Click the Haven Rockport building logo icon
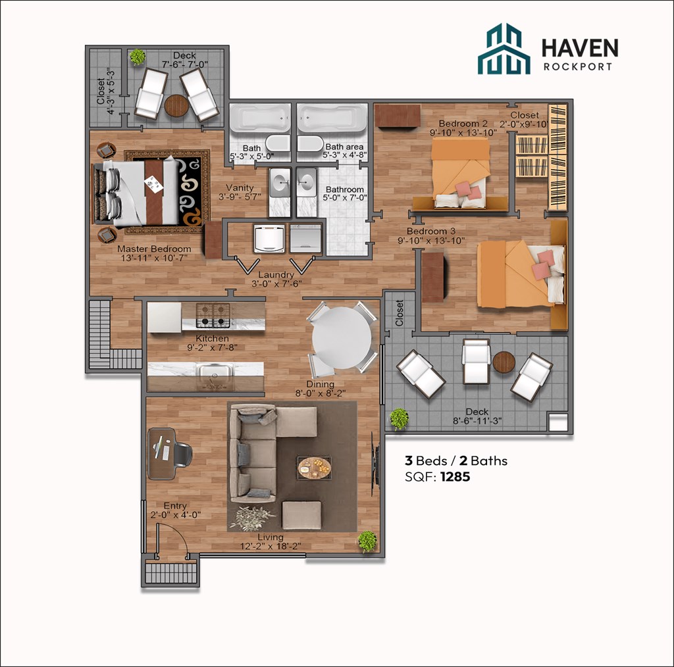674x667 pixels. (504, 49)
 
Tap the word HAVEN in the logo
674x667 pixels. (579, 48)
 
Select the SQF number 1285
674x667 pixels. (455, 477)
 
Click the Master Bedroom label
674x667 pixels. (154, 249)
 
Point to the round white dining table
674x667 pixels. (341, 338)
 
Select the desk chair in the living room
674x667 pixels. (182, 454)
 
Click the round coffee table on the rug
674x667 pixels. (314, 468)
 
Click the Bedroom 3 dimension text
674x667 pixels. (430, 241)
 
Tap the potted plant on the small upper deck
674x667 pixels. (137, 57)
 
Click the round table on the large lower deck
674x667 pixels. (504, 362)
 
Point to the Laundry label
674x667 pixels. (276, 275)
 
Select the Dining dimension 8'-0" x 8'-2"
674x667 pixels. (319, 394)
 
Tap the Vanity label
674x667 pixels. (240, 187)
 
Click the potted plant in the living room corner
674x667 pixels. (367, 541)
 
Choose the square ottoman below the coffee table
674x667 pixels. (301, 515)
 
